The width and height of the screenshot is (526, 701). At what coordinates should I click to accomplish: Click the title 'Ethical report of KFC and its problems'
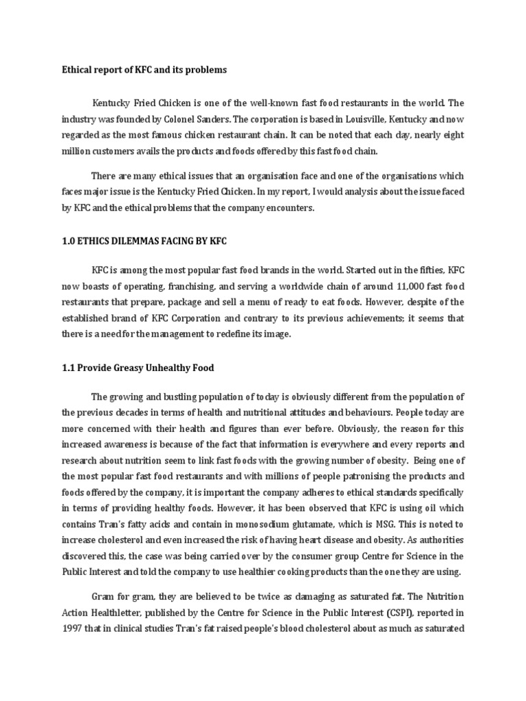[x=145, y=70]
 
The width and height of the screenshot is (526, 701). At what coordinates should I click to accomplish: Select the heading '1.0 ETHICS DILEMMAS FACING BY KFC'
[x=144, y=242]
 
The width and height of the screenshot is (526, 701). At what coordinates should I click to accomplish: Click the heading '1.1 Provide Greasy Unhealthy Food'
[x=138, y=368]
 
